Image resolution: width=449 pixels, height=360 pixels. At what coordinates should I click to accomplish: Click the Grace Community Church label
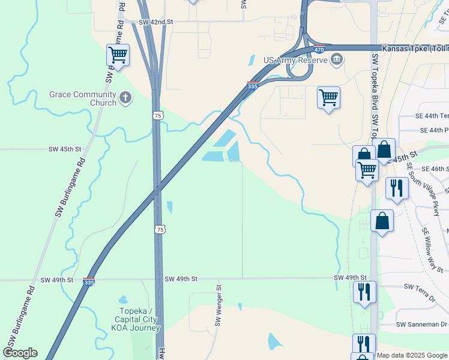tap(83, 98)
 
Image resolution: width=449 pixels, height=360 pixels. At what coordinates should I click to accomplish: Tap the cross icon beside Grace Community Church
tap(125, 97)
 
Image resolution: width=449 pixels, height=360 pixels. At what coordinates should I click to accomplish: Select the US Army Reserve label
tap(295, 60)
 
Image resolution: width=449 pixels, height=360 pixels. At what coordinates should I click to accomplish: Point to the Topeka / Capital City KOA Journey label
tap(139, 319)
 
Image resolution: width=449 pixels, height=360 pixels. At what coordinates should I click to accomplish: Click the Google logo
tap(20, 353)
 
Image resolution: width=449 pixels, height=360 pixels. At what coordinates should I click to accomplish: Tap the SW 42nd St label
tap(155, 22)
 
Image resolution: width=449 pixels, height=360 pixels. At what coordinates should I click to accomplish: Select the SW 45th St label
tap(64, 149)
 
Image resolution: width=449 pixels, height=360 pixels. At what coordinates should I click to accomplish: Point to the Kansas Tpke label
tap(414, 47)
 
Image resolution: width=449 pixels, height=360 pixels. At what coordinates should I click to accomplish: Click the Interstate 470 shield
tap(319, 49)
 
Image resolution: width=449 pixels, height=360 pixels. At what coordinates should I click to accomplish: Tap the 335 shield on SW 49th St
tap(88, 281)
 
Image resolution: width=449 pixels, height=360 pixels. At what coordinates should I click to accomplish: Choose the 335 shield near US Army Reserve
tap(253, 86)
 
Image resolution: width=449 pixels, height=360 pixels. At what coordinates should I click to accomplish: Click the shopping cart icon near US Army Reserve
tap(328, 97)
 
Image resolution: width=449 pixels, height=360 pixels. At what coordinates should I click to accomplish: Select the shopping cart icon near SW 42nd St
tap(118, 55)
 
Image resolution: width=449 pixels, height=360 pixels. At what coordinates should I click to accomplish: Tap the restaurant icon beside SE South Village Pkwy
tap(397, 187)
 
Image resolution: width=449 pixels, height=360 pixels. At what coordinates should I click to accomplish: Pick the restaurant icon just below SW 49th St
tap(364, 292)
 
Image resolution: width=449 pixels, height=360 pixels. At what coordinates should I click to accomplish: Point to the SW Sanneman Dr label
tap(421, 325)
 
